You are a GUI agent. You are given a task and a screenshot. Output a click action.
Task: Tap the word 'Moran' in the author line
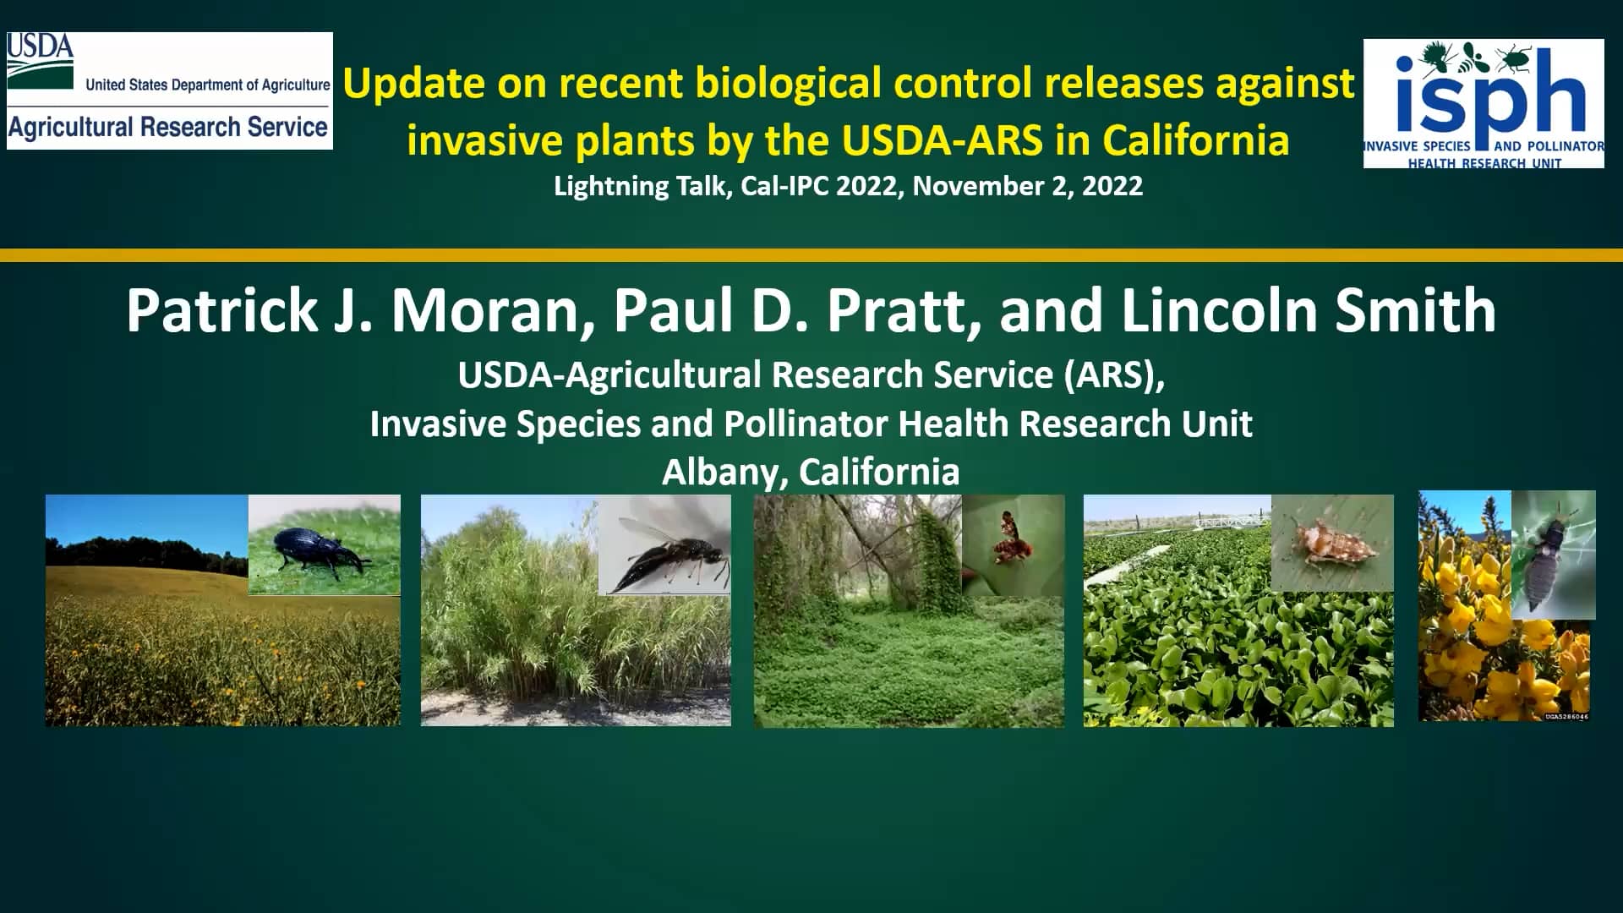(493, 311)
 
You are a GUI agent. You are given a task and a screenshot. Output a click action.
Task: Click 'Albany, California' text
(811, 472)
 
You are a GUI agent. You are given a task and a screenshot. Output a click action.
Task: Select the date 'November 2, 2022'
(1027, 186)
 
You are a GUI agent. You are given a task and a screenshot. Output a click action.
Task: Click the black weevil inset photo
(324, 544)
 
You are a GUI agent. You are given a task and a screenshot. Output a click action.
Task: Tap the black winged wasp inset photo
(664, 545)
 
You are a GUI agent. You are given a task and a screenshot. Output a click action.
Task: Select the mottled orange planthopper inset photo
(1331, 543)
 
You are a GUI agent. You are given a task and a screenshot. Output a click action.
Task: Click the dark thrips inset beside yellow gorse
(1553, 554)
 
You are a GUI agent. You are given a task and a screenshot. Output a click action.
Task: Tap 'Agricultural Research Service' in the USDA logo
(168, 128)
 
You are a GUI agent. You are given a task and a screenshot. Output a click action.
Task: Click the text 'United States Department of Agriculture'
(207, 85)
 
